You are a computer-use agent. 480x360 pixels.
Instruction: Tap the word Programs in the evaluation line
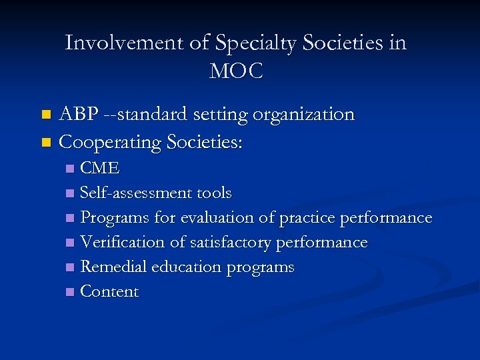point(115,218)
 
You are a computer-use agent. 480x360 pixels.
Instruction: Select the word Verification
point(118,243)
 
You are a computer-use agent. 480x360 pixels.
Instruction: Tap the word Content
point(109,291)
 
